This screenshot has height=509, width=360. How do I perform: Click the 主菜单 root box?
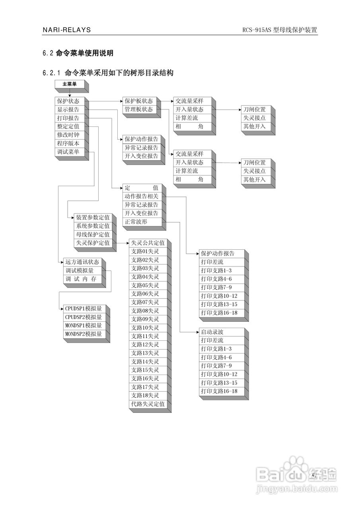[x=70, y=84]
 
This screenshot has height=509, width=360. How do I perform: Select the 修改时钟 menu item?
[x=68, y=135]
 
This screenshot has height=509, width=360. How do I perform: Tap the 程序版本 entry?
[x=68, y=143]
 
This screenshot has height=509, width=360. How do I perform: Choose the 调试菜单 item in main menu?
[x=68, y=152]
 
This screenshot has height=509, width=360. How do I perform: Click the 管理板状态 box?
[x=138, y=109]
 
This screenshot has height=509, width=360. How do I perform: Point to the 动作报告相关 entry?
[x=141, y=196]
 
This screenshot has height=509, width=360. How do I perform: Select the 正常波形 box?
[x=136, y=222]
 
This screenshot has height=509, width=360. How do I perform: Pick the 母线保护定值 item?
[x=93, y=235]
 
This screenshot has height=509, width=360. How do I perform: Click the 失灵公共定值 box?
[x=148, y=243]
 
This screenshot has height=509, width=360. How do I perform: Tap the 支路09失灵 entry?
[x=145, y=319]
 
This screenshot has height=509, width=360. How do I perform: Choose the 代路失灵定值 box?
[x=148, y=404]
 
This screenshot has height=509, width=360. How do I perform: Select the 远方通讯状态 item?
[x=82, y=262]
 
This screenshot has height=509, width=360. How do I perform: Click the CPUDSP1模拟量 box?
[x=84, y=309]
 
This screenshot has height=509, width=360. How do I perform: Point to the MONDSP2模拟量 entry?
[x=84, y=334]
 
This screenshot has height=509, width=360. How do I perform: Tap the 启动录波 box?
[x=212, y=332]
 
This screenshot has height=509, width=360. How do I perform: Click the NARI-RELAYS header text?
[x=67, y=30]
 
